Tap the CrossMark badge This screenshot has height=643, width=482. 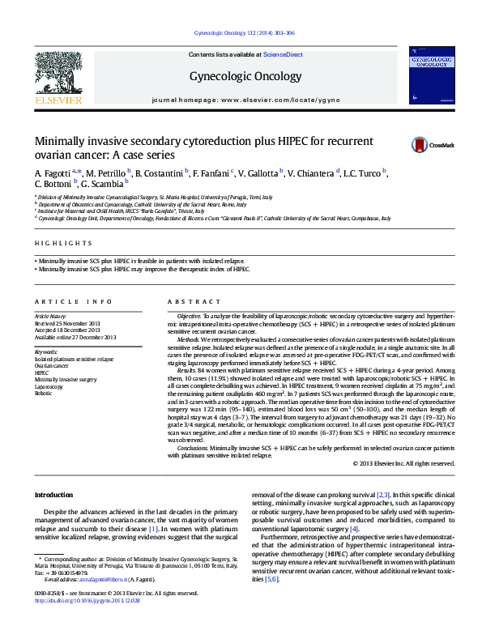click(421, 145)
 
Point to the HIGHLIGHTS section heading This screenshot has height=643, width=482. click(63, 243)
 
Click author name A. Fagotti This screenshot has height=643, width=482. click(52, 174)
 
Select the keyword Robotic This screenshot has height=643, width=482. click(44, 393)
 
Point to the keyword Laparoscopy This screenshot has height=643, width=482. click(49, 386)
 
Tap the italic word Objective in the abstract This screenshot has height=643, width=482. click(189, 313)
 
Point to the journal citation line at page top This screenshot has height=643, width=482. click(245, 33)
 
